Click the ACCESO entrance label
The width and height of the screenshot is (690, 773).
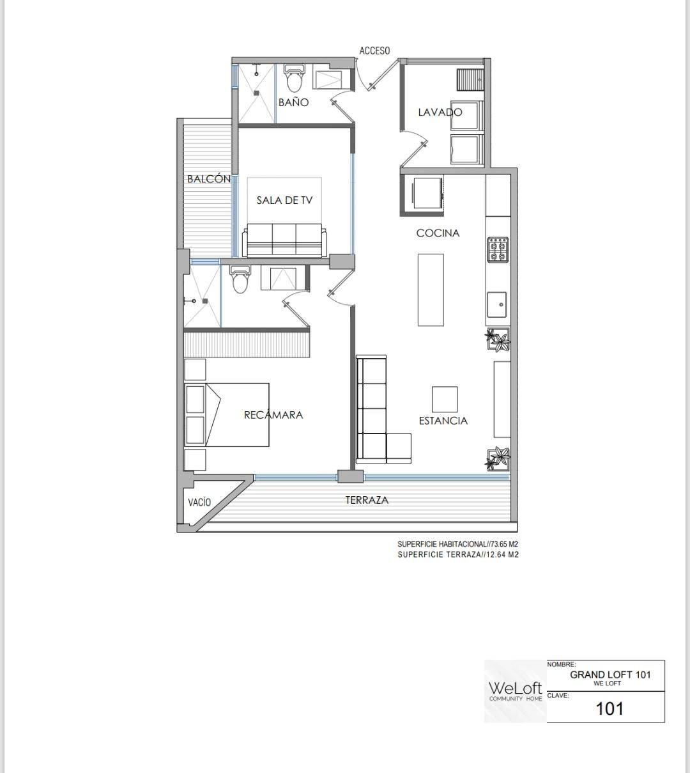pyautogui.click(x=374, y=51)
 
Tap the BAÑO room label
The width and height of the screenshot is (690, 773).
pyautogui.click(x=293, y=102)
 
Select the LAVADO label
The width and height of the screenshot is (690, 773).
pyautogui.click(x=440, y=112)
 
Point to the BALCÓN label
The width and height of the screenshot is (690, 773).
pyautogui.click(x=209, y=178)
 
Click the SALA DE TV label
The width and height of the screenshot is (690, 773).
pyautogui.click(x=284, y=200)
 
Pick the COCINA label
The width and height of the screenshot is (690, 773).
pyautogui.click(x=438, y=233)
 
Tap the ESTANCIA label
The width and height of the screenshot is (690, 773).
pyautogui.click(x=443, y=421)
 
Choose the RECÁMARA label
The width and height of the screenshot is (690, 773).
pyautogui.click(x=273, y=414)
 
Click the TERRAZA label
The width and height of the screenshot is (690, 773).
pyautogui.click(x=367, y=500)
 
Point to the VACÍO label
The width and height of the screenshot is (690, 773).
pyautogui.click(x=199, y=502)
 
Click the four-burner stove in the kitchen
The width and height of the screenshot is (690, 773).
pyautogui.click(x=498, y=249)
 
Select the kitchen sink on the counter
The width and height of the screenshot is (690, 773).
pyautogui.click(x=497, y=304)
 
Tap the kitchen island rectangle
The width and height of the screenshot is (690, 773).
pyautogui.click(x=431, y=290)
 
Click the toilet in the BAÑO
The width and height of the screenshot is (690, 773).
pyautogui.click(x=294, y=78)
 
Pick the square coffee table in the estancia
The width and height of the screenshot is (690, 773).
pyautogui.click(x=445, y=399)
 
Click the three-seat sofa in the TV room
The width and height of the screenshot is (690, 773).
pyautogui.click(x=285, y=240)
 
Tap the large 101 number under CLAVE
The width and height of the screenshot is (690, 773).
pyautogui.click(x=609, y=708)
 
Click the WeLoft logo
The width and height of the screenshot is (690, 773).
pyautogui.click(x=516, y=691)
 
